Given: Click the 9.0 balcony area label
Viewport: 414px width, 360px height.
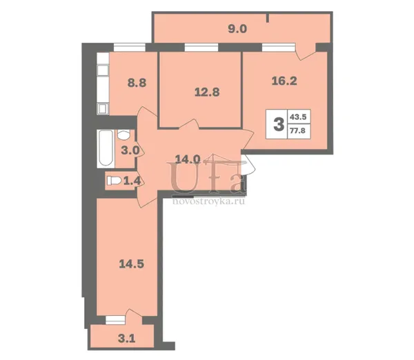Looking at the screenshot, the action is point(237,29).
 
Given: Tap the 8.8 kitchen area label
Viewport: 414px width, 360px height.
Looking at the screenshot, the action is point(137,83).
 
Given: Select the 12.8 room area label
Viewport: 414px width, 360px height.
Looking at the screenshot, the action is point(207,92).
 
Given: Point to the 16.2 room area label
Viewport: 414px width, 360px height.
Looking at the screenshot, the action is point(284,81).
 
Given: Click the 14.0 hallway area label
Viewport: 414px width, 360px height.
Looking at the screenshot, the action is point(188,159).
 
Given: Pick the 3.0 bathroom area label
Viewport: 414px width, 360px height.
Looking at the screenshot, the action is point(130,150).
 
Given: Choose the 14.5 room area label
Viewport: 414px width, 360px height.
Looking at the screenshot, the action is point(132,263).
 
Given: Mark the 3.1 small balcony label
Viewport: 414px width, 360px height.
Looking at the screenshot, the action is point(127,339).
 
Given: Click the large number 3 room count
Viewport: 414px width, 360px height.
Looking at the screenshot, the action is point(279,124).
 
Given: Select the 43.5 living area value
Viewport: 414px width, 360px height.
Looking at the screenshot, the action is point(298,117).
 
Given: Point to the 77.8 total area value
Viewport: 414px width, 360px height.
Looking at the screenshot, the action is point(298,130).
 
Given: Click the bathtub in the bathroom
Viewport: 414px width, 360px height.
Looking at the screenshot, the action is point(106,148).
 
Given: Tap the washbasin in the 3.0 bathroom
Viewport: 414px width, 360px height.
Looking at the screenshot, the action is point(124,134).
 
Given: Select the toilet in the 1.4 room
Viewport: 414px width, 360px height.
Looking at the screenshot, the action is point(114,181).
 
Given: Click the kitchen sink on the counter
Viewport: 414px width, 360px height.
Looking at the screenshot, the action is point(103,70).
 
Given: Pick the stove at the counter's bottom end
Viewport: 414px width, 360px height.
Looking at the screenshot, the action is point(103,109).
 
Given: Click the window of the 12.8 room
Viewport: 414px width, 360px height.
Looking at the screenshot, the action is point(201,48).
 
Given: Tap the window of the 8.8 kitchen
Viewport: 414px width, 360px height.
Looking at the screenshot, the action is point(130,48).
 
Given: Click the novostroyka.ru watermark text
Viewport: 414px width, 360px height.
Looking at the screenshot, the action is point(208,201).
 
